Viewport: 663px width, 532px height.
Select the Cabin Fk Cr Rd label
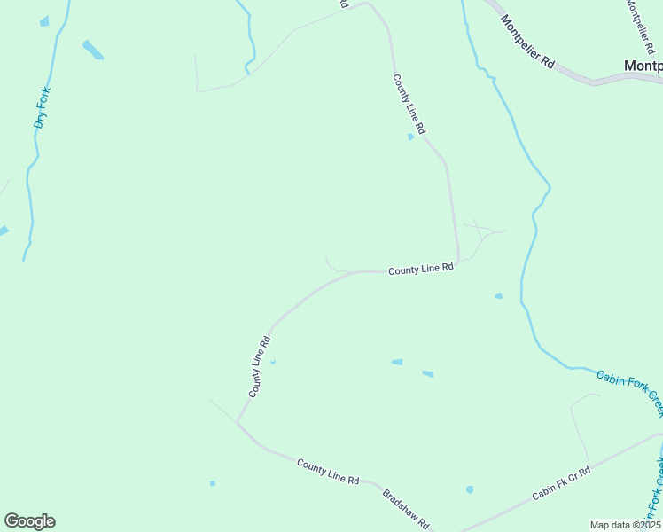coord(562,483)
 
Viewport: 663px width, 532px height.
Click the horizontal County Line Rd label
coord(421,269)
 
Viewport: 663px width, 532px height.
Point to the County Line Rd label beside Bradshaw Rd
coord(328,472)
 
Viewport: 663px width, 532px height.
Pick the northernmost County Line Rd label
coord(409,104)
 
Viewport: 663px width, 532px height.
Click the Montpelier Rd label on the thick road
coord(526,42)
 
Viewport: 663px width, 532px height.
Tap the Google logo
coord(29,521)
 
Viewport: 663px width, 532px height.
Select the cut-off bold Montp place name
coord(643,66)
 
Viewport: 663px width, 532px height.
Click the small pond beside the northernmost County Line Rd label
coord(410,137)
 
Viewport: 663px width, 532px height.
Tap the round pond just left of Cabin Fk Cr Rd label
coord(469,489)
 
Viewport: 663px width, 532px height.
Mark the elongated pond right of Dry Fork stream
coord(92,50)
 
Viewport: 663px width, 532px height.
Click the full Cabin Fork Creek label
coord(629,393)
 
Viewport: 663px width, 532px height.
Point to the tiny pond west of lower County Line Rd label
coord(212,483)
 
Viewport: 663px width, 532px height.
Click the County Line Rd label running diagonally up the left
coord(259,366)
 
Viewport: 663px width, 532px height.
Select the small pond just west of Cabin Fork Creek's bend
coord(498,296)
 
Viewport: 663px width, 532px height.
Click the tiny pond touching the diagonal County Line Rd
coord(272,362)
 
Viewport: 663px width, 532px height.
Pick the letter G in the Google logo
coord(12,521)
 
